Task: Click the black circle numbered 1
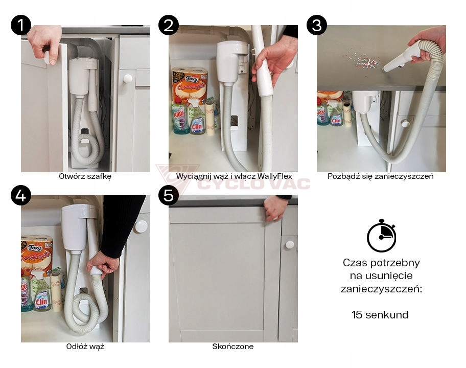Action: pos(21,25)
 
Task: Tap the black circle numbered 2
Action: pos(169,25)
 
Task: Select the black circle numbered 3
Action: pos(317,25)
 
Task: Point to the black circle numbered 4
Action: pos(21,195)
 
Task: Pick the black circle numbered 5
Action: pos(169,195)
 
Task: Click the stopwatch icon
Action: pos(381,236)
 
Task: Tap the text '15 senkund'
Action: pos(380,314)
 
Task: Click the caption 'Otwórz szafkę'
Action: pos(85,176)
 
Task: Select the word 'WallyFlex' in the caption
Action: pos(275,176)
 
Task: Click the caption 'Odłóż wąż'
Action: pos(85,347)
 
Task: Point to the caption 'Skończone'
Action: pos(232,347)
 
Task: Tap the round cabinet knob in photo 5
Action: pos(290,245)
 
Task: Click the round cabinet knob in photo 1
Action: pos(128,79)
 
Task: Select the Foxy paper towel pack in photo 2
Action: pos(189,85)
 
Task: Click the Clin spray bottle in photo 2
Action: pos(196,118)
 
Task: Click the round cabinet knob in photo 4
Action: pos(141,226)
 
